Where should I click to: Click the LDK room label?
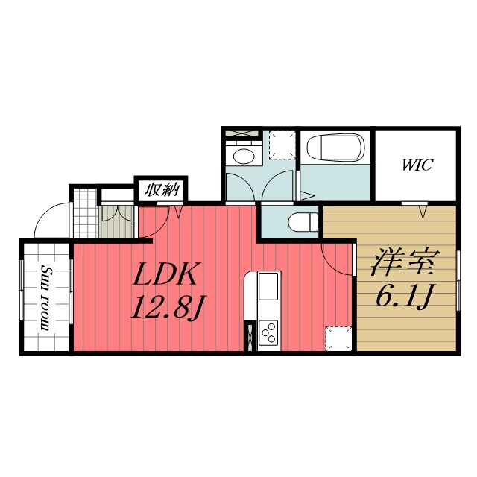[165, 276]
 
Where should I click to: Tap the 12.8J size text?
[166, 306]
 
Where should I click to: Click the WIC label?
[417, 165]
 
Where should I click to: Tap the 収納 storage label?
[162, 189]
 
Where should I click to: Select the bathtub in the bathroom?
[335, 148]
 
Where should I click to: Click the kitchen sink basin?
[268, 285]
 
